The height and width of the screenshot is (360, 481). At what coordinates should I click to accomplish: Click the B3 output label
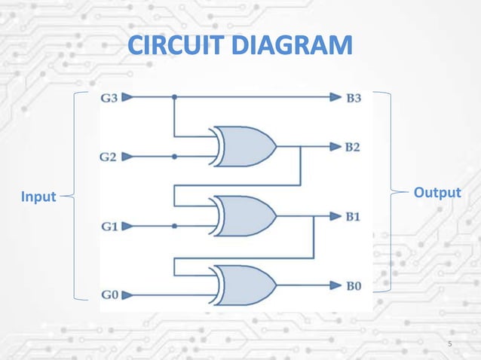point(354,97)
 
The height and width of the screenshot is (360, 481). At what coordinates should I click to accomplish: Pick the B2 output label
point(353,146)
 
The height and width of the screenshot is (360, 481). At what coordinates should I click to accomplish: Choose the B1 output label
point(353,216)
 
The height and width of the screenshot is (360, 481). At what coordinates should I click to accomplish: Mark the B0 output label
point(354,285)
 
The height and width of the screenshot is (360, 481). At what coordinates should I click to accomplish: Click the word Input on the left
point(38,197)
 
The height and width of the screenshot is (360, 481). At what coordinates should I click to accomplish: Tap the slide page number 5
point(450,345)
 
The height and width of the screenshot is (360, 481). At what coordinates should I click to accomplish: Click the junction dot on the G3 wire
point(175,97)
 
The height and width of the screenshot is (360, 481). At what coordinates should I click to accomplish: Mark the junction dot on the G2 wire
point(175,157)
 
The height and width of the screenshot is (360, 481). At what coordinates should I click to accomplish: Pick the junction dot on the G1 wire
point(175,225)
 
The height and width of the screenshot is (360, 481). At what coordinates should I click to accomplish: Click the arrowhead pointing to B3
point(335,97)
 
